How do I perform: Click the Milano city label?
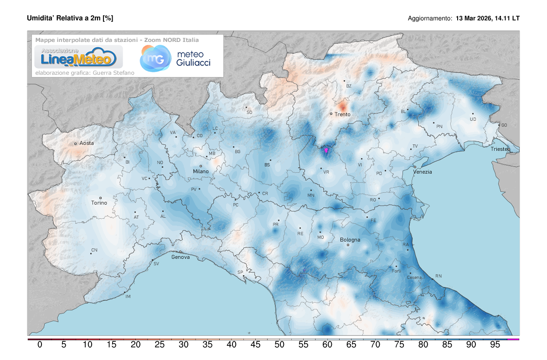coord(201,171)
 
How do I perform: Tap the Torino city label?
coord(99,203)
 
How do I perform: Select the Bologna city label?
coord(350,240)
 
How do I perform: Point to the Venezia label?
coord(423,172)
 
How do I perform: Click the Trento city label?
coord(342,114)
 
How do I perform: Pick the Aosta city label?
coord(87,143)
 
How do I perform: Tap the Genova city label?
coord(181,257)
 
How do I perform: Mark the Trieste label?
coord(500,149)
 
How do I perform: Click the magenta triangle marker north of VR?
coord(326,149)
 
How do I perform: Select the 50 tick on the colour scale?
coord(279,345)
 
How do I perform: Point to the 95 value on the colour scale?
coord(495,345)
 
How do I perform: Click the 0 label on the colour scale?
coord(40,345)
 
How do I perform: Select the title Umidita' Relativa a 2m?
coord(70,18)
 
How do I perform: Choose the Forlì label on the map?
coord(396,271)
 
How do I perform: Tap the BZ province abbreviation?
coord(349,86)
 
